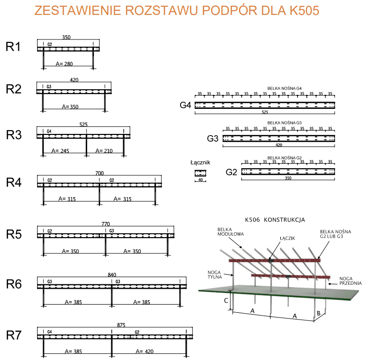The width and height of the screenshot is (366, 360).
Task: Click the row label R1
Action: [x=13, y=47]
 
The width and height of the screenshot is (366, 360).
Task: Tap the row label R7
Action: [x=13, y=336]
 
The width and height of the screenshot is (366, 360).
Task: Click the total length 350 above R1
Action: [x=66, y=37]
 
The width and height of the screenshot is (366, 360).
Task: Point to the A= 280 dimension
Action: [x=64, y=63]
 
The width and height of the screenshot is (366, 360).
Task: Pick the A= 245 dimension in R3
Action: [x=60, y=151]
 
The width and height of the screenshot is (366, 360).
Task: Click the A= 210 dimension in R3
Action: [x=104, y=151]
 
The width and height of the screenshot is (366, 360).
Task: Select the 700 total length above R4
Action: [x=100, y=173]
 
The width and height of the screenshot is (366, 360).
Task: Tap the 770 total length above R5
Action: [x=106, y=224]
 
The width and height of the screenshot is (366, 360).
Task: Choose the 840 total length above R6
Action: [x=112, y=275]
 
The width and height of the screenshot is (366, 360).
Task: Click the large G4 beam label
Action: [x=185, y=106]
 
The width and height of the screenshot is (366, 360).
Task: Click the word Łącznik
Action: [x=200, y=163]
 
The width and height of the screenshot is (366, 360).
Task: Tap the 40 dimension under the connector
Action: [x=200, y=180]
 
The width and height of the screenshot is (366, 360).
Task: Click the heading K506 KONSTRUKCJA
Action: [x=274, y=220]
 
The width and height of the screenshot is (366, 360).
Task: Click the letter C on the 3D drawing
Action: [x=226, y=300]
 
